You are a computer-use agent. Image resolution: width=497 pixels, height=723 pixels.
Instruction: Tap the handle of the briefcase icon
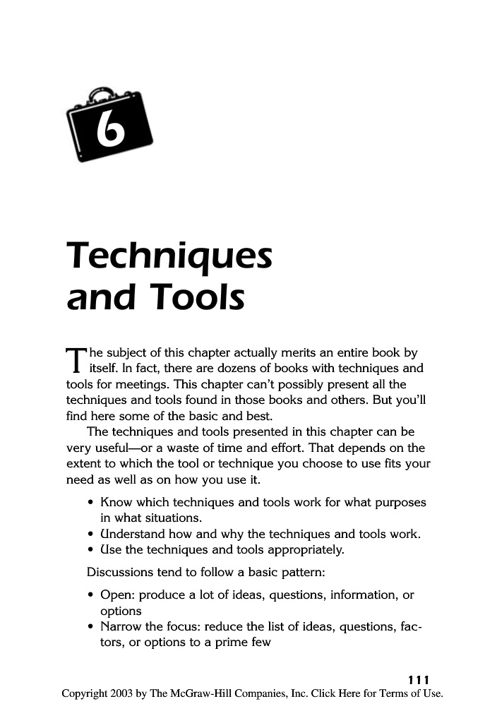[98, 93]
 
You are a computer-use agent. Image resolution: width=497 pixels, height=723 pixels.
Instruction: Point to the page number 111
[419, 679]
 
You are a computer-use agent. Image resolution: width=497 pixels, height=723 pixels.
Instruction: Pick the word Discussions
[121, 571]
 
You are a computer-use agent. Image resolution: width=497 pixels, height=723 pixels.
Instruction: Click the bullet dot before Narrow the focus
[92, 627]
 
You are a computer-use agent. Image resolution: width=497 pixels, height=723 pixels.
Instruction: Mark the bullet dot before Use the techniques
[92, 549]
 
